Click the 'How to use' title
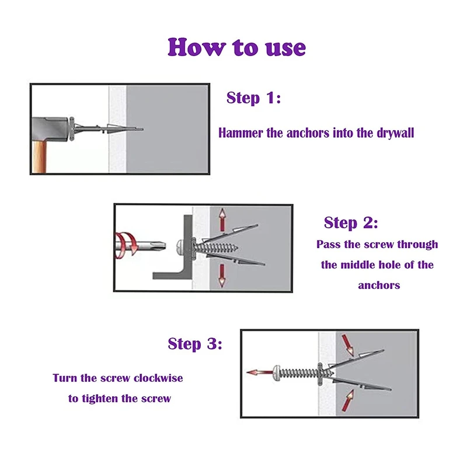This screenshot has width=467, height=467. coord(236,47)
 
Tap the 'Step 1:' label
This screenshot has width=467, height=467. coord(253,97)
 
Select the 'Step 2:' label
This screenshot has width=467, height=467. coord(351,222)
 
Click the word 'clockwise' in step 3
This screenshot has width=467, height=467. coord(158,378)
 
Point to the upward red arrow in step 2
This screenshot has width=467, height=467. coord(222,221)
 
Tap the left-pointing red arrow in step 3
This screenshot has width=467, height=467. coord(257,372)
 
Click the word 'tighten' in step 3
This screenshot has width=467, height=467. coord(119,399)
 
